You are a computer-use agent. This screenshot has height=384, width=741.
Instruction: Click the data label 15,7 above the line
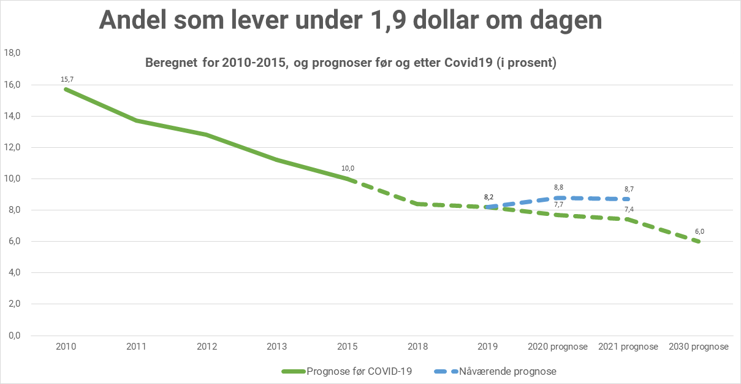point(67,79)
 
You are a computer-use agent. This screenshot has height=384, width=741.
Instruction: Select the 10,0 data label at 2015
point(348,168)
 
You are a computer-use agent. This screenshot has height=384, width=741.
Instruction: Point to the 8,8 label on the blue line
point(558,188)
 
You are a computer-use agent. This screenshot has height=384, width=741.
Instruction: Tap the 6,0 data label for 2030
point(699,231)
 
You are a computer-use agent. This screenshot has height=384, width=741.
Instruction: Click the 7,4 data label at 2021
point(629,210)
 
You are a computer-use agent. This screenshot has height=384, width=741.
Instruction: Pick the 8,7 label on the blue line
point(629,189)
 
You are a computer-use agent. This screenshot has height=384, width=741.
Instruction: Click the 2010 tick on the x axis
point(66,347)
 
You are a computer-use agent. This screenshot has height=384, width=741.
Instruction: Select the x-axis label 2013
point(278,347)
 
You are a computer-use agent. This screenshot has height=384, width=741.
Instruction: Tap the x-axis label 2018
point(419,347)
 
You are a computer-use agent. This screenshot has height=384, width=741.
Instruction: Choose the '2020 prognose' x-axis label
point(558,347)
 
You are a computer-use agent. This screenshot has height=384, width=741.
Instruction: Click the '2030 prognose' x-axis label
point(699,347)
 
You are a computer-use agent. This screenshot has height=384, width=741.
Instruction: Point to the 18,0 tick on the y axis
point(13,53)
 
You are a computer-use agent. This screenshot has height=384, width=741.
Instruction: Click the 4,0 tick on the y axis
point(13,272)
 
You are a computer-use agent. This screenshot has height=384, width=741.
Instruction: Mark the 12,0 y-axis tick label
point(13,147)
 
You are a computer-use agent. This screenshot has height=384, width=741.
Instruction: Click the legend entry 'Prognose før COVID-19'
point(359,371)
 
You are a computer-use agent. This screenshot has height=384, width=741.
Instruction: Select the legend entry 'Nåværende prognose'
point(507,371)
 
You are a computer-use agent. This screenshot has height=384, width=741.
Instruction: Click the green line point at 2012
point(207,134)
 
